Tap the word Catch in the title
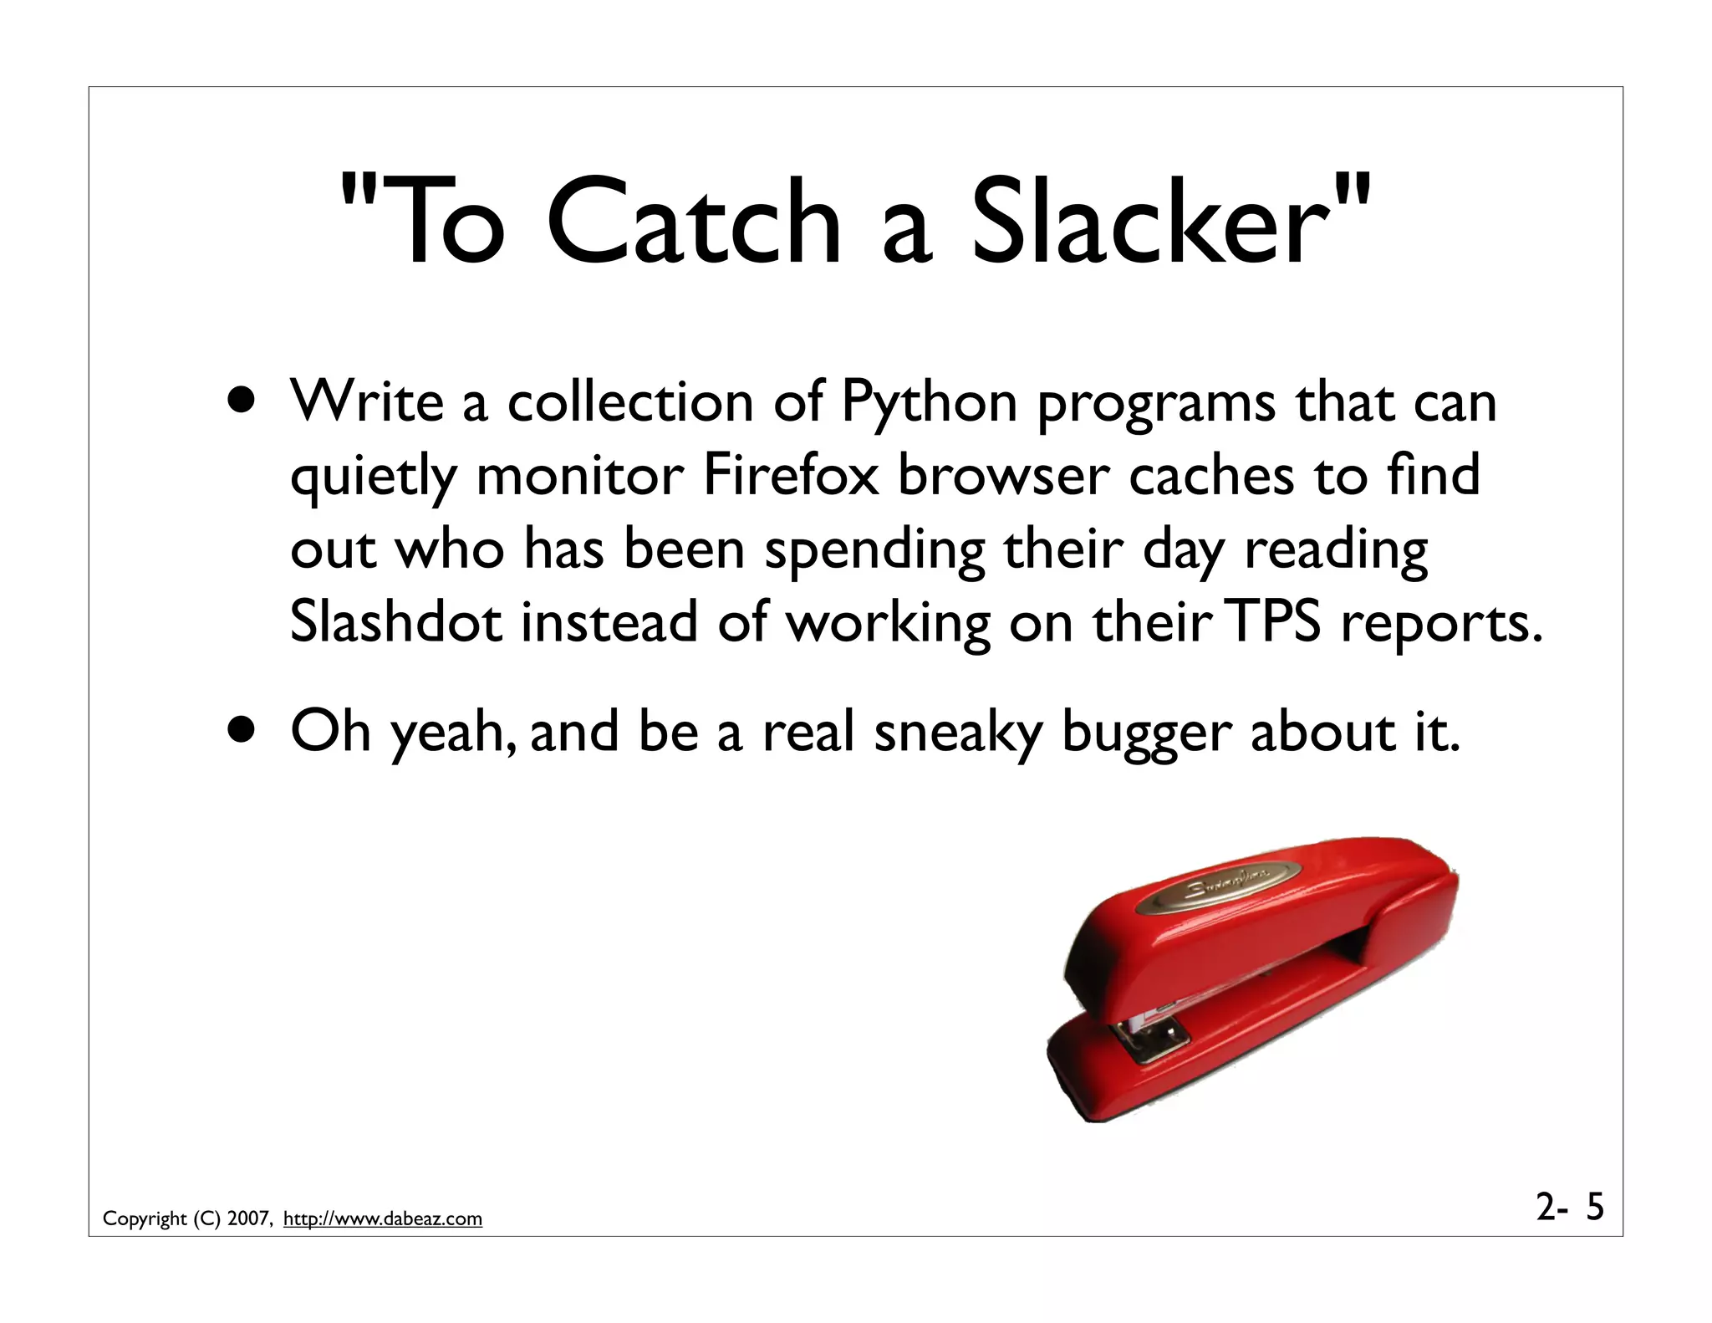coord(693,224)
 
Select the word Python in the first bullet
coord(929,403)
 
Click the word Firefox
coord(791,475)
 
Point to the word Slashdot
coord(396,622)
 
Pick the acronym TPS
coord(1276,622)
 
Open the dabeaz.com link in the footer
coord(383,1218)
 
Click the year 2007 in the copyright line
coord(248,1218)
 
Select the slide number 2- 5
coord(1570,1207)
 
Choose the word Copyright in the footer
coord(145,1219)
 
